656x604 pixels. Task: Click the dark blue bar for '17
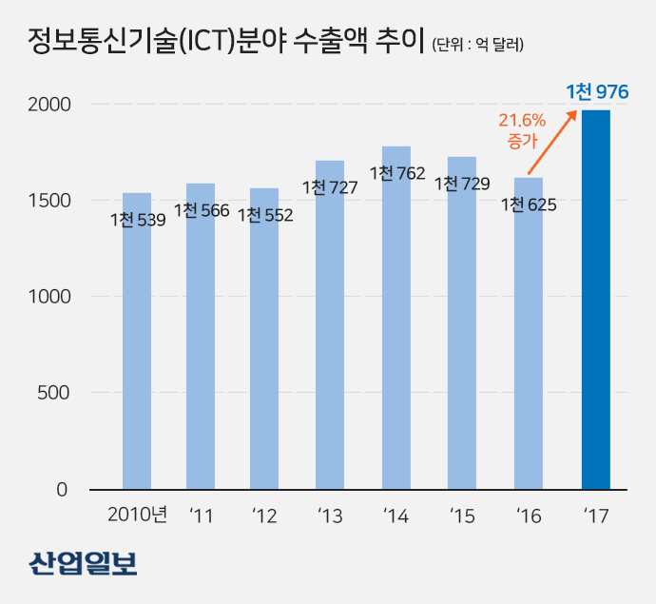point(596,300)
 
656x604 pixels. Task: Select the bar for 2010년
point(137,361)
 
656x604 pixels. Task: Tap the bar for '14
point(396,333)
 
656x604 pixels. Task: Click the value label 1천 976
point(598,92)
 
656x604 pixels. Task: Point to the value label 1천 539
point(138,221)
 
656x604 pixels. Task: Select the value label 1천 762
point(397,174)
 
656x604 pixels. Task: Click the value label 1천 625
point(528,205)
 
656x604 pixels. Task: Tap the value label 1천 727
point(330,187)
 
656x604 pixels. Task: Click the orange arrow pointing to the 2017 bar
point(552,143)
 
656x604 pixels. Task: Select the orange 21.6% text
point(522,121)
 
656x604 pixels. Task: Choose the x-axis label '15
point(462,516)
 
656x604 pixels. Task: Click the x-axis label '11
point(201,516)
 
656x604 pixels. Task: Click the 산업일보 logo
point(83,563)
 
